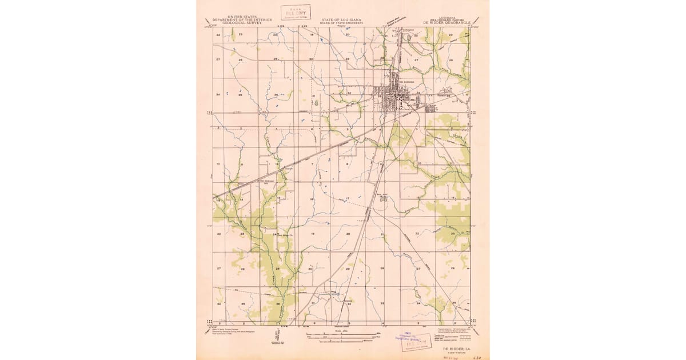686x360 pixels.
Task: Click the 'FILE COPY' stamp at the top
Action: pos(296,13)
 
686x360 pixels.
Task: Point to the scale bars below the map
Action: pos(342,337)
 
